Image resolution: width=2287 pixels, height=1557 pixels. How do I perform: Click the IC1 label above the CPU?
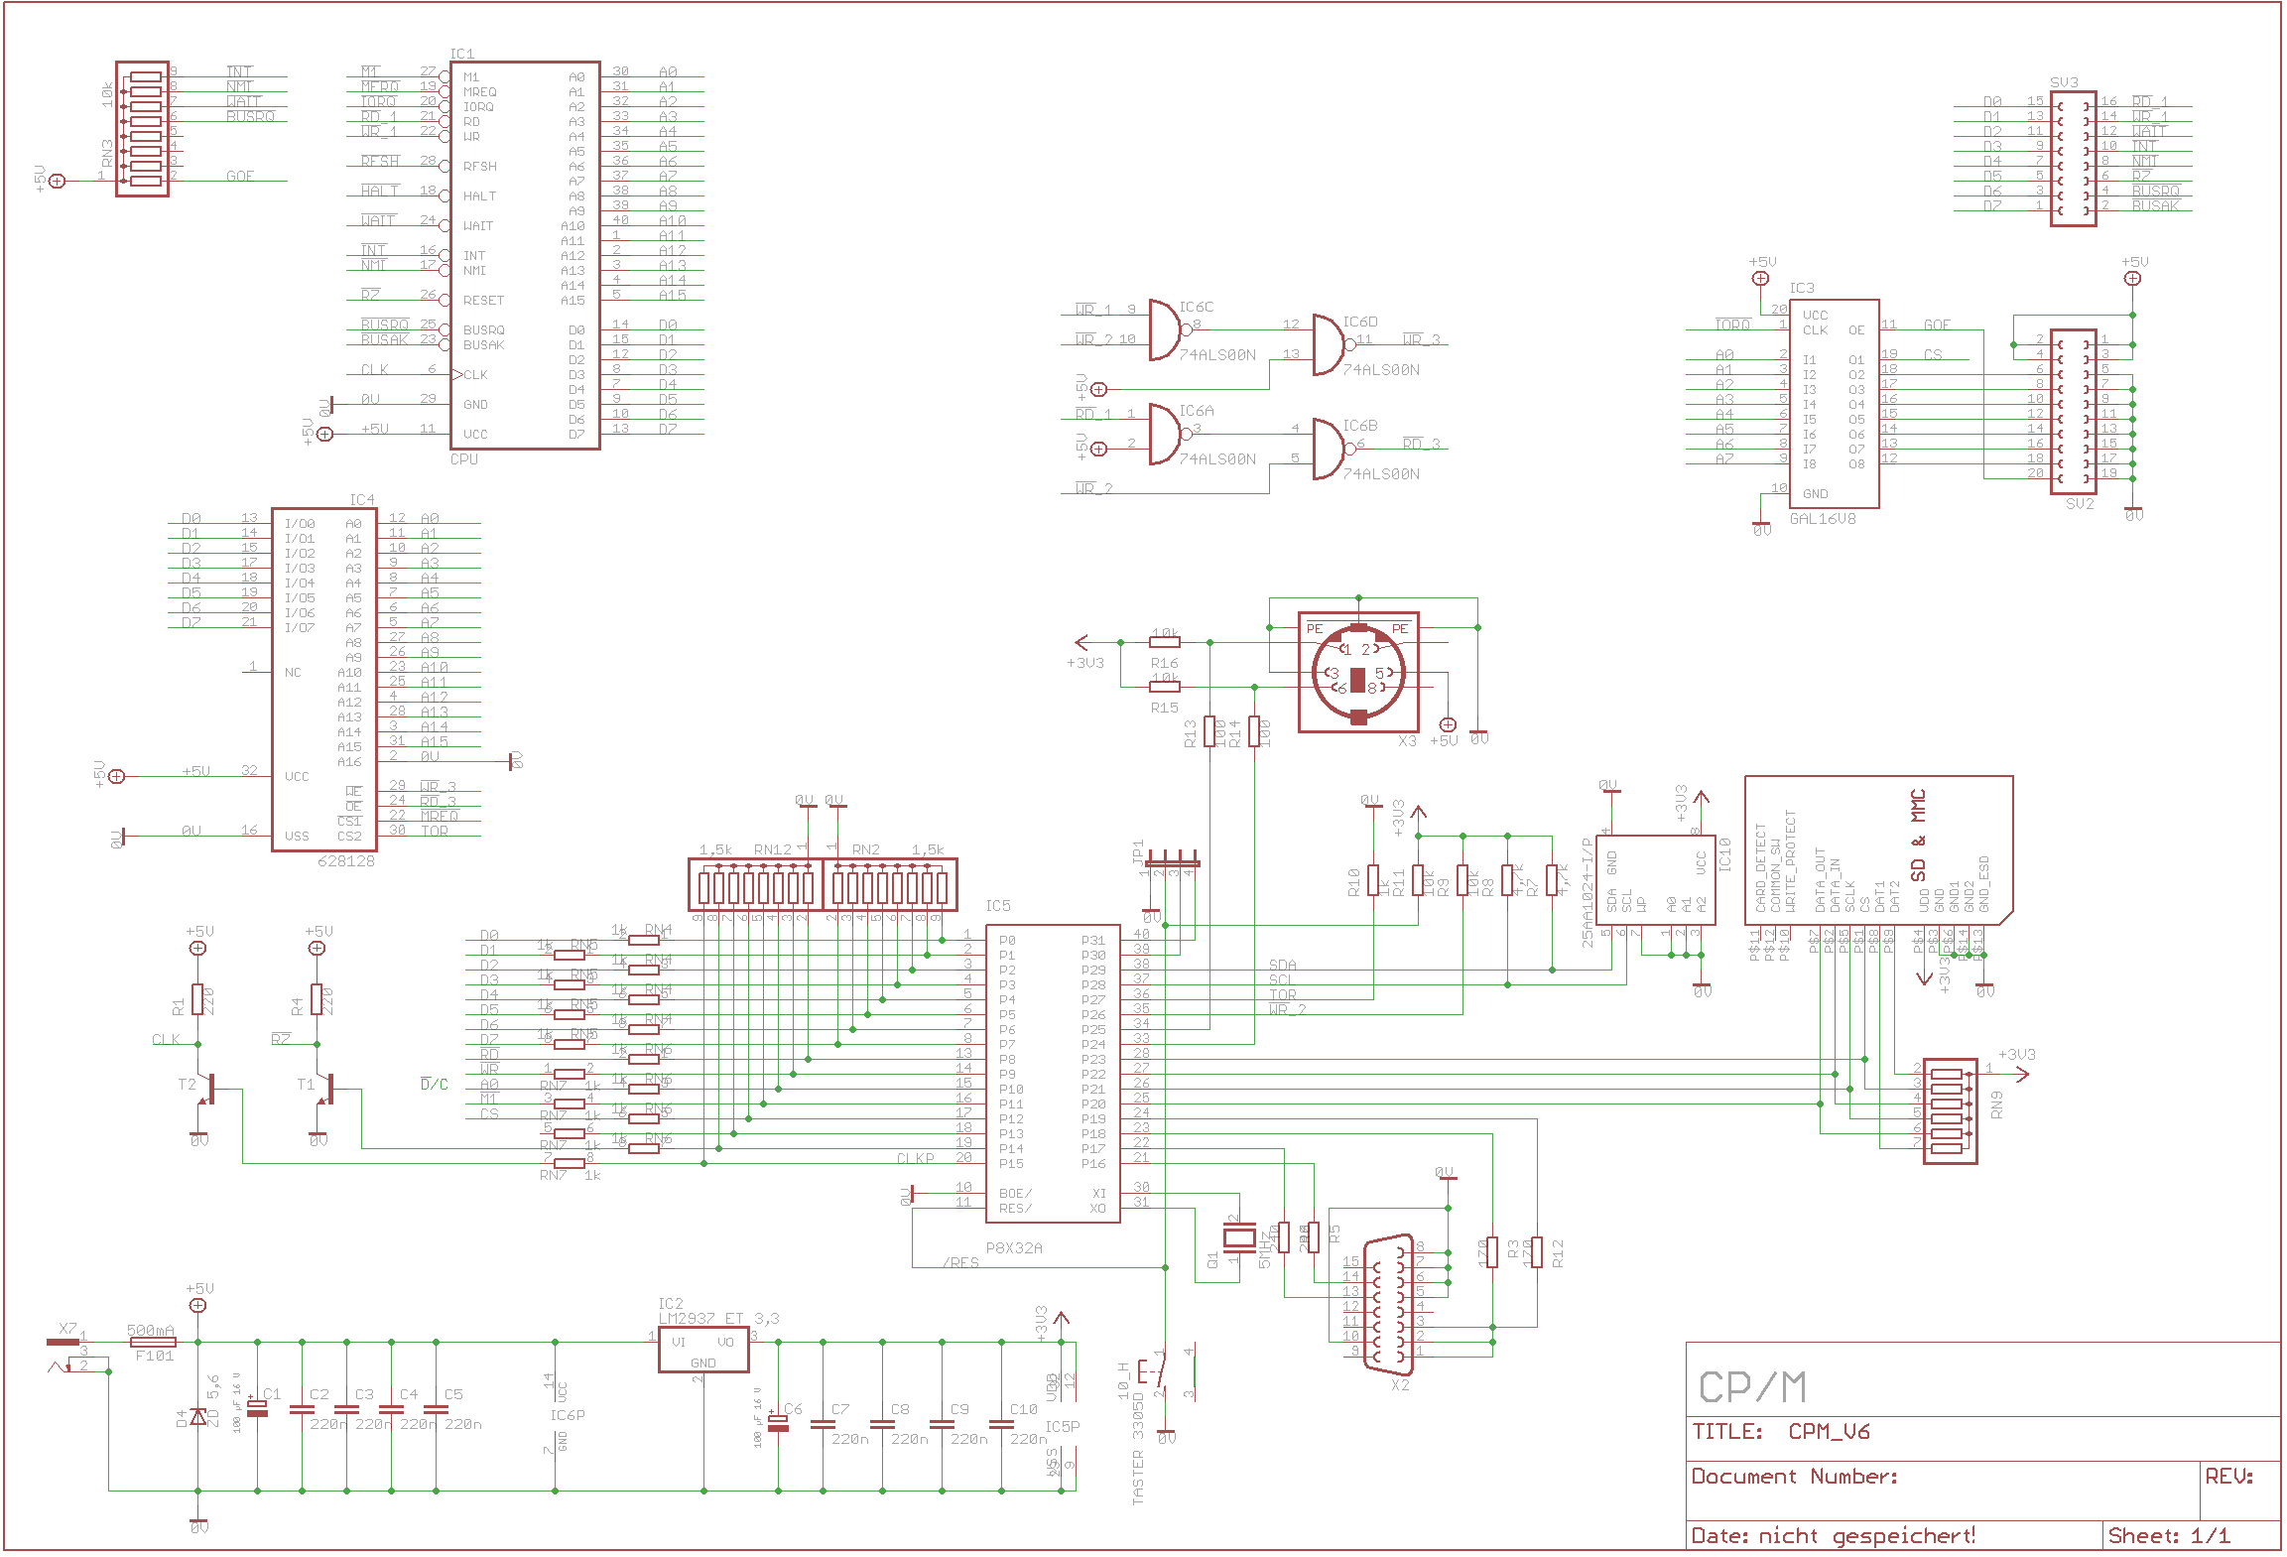click(461, 54)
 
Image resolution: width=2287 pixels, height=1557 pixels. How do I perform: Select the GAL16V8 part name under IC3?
click(1822, 518)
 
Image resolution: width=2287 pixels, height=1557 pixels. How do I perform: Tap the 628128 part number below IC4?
click(346, 860)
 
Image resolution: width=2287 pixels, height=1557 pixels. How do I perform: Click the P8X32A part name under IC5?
click(1014, 1247)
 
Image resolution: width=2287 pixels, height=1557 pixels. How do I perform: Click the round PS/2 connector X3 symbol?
click(1358, 673)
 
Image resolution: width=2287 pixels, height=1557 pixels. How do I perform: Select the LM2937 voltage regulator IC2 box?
click(703, 1350)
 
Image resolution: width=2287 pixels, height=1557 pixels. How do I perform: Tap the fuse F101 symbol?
click(154, 1342)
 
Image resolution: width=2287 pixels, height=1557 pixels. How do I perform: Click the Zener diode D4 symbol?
click(198, 1416)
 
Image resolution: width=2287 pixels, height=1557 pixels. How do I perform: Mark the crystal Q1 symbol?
click(1239, 1236)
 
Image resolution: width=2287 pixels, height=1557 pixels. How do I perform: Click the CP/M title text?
click(1752, 1387)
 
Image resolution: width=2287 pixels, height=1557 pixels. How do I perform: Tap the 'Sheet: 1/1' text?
click(2169, 1535)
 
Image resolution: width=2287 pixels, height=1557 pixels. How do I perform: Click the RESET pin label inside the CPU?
click(483, 300)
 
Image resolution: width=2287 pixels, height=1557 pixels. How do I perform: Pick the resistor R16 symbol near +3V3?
click(1165, 642)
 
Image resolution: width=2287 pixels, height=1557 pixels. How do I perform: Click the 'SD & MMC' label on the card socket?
click(1918, 835)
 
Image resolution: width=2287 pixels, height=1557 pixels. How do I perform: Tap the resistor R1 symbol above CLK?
click(197, 999)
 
